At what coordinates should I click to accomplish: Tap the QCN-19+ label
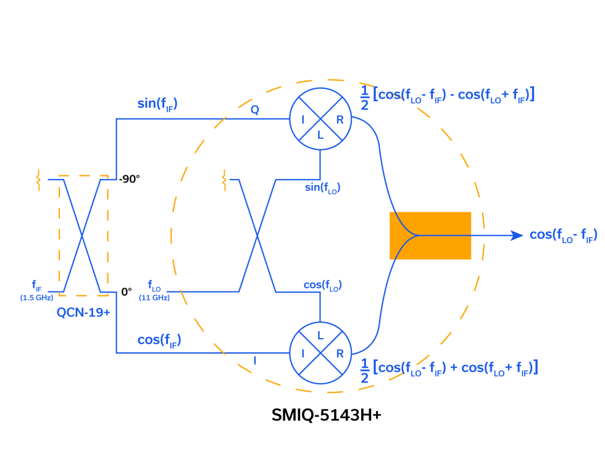(83, 313)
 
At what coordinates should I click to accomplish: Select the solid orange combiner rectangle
(430, 236)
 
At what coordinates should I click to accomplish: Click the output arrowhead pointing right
(517, 235)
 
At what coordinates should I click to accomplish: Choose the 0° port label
(127, 292)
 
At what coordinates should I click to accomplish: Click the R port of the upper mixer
(340, 119)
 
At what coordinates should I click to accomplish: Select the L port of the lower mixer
(320, 336)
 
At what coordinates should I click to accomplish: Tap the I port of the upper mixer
(302, 119)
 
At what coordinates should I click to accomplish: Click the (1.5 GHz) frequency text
(36, 298)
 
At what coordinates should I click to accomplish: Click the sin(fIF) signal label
(157, 104)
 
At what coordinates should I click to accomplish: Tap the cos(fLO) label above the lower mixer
(322, 285)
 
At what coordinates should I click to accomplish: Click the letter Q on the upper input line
(255, 110)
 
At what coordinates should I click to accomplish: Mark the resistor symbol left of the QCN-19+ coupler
(38, 181)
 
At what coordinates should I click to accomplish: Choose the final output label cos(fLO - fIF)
(563, 236)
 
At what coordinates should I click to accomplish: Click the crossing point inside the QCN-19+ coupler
(82, 236)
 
